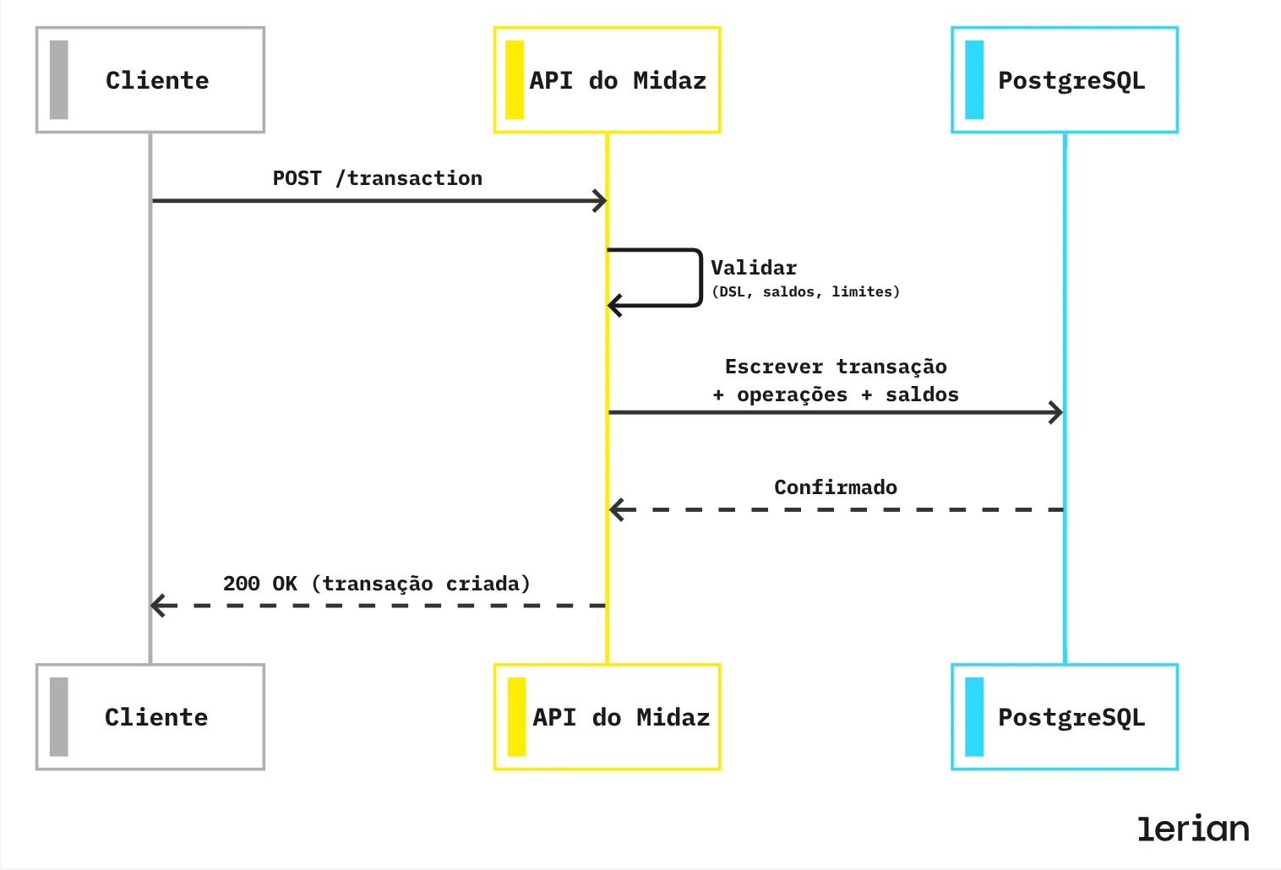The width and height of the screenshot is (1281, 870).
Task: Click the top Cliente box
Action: click(x=150, y=80)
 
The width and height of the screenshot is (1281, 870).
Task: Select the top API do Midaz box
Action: click(x=607, y=80)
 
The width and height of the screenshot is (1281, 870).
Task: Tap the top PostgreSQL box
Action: click(x=1064, y=80)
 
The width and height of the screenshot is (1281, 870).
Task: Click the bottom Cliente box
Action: click(x=150, y=717)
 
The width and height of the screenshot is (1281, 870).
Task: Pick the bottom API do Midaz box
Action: click(x=607, y=717)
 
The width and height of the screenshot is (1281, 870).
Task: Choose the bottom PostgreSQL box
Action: click(x=1064, y=717)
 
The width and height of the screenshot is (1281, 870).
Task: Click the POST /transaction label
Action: click(x=377, y=178)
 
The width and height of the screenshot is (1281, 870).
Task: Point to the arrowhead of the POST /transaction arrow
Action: click(x=600, y=201)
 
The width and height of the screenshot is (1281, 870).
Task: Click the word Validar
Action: click(x=754, y=268)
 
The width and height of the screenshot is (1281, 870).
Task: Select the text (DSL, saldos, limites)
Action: click(x=805, y=291)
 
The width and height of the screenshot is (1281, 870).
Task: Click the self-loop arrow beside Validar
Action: click(x=700, y=277)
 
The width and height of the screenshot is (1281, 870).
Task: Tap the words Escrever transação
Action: click(x=836, y=367)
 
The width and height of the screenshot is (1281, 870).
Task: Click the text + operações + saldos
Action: click(x=836, y=394)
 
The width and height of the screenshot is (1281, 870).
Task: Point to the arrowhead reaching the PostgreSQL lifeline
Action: click(x=1056, y=412)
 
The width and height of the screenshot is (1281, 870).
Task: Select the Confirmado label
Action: click(x=836, y=487)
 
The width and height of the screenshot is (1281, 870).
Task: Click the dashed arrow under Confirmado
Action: click(x=836, y=510)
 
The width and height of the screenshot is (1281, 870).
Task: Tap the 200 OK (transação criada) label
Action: click(x=377, y=584)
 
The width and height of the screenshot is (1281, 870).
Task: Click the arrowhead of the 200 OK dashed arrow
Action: click(x=158, y=606)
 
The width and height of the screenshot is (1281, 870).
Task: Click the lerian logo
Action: click(x=1193, y=829)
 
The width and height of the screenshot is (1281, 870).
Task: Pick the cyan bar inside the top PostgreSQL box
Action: click(x=974, y=80)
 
